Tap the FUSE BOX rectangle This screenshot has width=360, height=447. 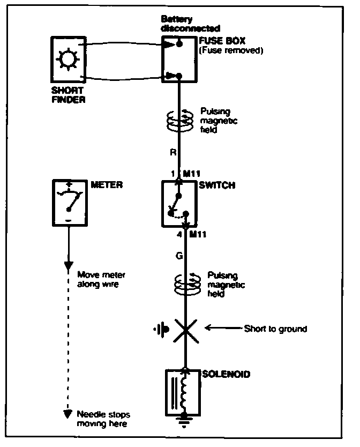pyautogui.click(x=179, y=58)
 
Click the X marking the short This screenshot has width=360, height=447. pyautogui.click(x=184, y=328)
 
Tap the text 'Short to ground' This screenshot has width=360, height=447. pyautogui.click(x=275, y=329)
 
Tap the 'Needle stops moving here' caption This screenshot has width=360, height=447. pyautogui.click(x=103, y=420)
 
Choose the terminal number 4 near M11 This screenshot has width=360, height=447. pyautogui.click(x=179, y=234)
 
